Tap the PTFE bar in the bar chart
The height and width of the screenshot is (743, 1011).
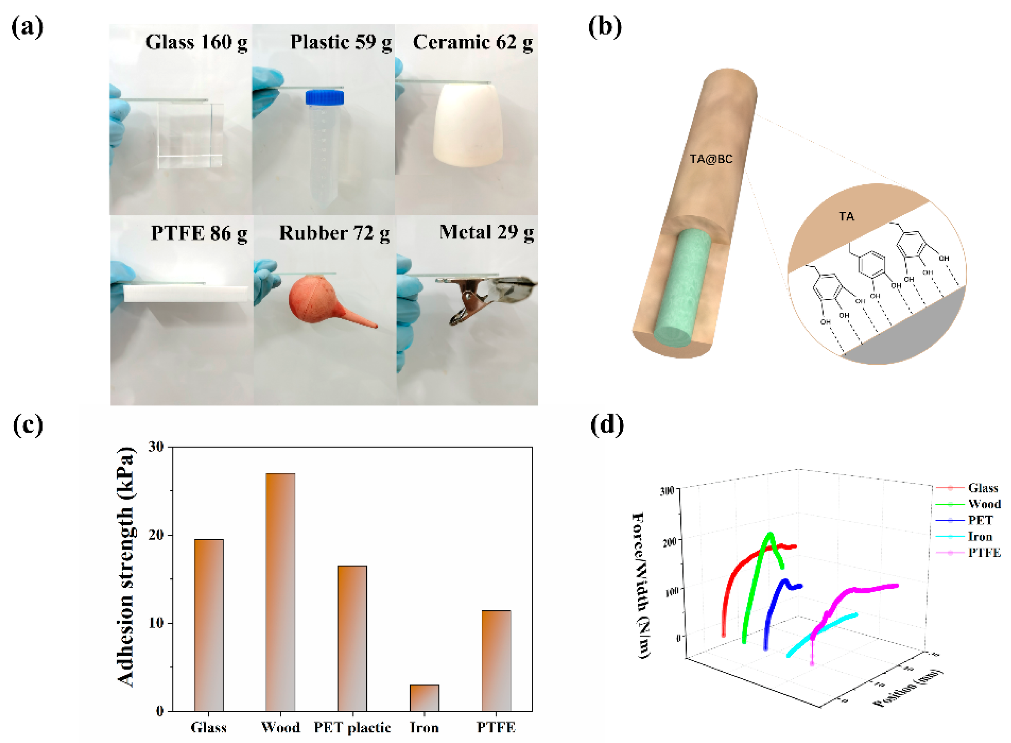[496, 661]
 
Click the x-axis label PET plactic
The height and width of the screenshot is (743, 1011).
[352, 727]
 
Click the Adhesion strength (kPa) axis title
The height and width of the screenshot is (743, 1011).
[126, 567]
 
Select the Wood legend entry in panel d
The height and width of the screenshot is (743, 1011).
[984, 504]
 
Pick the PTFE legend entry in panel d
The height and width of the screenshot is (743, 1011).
[984, 552]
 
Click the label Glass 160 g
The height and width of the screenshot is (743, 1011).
[196, 42]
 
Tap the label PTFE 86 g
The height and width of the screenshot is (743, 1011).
[199, 233]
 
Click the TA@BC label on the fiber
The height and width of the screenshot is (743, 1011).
[711, 159]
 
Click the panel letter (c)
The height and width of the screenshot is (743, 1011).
[28, 425]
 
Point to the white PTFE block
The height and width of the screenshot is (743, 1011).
[185, 293]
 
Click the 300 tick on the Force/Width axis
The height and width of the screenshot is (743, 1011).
[667, 490]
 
